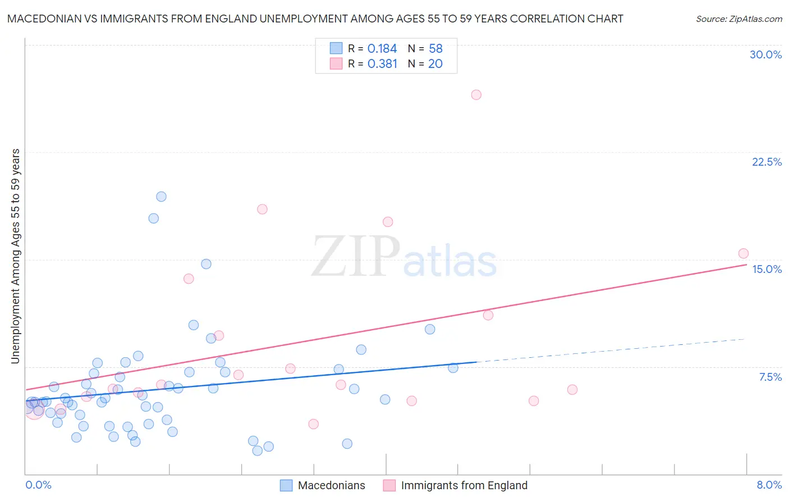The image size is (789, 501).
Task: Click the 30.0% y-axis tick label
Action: pyautogui.click(x=765, y=54)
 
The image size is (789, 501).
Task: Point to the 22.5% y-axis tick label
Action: pyautogui.click(x=767, y=162)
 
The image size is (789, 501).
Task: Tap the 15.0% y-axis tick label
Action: pyautogui.click(x=767, y=269)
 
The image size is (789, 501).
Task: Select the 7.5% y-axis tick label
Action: pyautogui.click(x=770, y=377)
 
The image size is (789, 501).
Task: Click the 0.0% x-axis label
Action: pyautogui.click(x=38, y=485)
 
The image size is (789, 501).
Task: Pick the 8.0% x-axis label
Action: pyautogui.click(x=769, y=485)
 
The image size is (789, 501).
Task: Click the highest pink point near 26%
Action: pyautogui.click(x=476, y=95)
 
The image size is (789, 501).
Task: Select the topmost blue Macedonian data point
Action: pyautogui.click(x=161, y=197)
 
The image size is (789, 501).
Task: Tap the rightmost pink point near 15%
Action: pyautogui.click(x=743, y=253)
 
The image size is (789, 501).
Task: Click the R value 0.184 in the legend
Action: pyautogui.click(x=382, y=49)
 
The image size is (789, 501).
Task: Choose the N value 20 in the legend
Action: pyautogui.click(x=435, y=64)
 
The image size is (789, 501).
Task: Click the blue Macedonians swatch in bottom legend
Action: pyautogui.click(x=286, y=485)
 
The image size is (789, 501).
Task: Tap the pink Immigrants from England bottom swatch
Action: pyautogui.click(x=389, y=485)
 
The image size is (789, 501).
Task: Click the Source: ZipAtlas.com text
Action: pyautogui.click(x=738, y=19)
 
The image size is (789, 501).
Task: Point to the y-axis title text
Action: pyautogui.click(x=16, y=256)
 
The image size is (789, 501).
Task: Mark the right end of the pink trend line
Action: pyautogui.click(x=746, y=265)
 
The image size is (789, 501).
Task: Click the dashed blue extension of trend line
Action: pyautogui.click(x=612, y=349)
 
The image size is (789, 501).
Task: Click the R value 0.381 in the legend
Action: pyautogui.click(x=382, y=64)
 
